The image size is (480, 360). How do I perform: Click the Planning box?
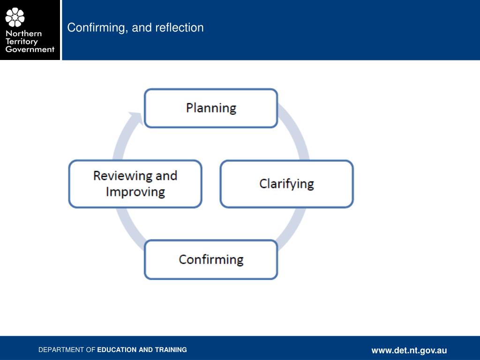(x=211, y=108)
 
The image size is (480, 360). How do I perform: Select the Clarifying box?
(x=286, y=184)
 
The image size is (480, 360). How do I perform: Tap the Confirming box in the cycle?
(x=211, y=260)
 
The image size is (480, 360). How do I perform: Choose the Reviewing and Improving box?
(x=135, y=184)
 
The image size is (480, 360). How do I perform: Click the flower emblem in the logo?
(x=15, y=17)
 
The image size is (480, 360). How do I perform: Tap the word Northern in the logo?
(x=23, y=33)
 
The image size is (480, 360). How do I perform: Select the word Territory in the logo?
(x=22, y=41)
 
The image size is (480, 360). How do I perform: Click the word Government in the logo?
(x=30, y=49)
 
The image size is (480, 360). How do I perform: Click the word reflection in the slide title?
(x=180, y=28)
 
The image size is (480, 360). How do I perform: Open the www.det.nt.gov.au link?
(x=409, y=350)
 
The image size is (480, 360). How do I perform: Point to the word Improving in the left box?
(x=135, y=192)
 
